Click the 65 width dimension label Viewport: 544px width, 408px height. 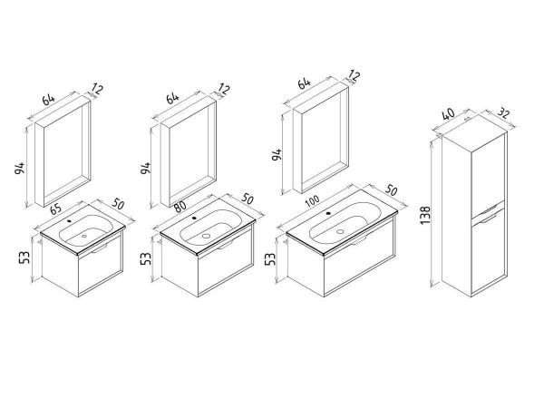point(56,209)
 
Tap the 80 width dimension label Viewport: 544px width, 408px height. point(180,207)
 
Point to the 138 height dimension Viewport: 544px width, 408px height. point(425,215)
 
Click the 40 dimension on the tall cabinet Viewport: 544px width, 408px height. point(449,114)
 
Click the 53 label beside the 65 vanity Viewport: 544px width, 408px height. point(25,257)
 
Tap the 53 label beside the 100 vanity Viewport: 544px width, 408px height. point(270,258)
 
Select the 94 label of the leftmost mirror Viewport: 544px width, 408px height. point(20,169)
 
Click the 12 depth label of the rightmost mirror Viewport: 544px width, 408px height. point(354,75)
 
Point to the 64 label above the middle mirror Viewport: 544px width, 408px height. point(173,98)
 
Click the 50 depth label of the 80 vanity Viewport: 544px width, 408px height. point(248,199)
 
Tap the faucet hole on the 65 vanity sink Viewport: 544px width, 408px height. point(70,220)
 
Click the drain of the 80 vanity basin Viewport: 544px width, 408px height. point(206,236)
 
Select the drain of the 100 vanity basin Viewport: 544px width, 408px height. point(340,231)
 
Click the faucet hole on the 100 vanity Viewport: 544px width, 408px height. point(328,213)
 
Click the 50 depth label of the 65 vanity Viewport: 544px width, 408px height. point(118,205)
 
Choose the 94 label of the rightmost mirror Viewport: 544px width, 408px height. point(277,155)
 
